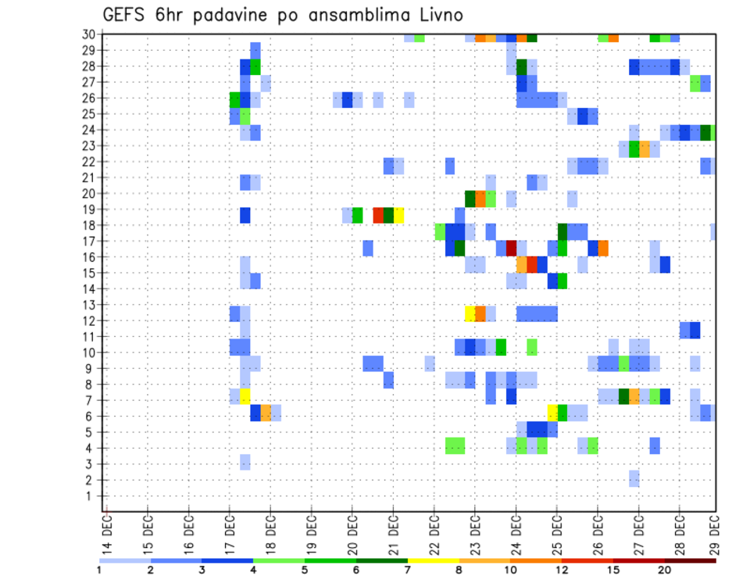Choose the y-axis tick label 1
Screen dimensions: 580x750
[92, 496]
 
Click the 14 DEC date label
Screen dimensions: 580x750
[106, 532]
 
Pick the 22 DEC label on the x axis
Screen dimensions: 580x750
[433, 532]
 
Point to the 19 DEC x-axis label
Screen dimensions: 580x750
[310, 532]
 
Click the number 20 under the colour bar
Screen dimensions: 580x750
[665, 571]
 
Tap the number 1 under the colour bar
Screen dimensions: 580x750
[99, 571]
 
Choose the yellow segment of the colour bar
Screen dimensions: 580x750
[433, 560]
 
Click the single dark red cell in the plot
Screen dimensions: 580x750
[511, 248]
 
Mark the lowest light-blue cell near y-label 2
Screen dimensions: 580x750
[634, 478]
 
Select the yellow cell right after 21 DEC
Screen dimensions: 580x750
[398, 215]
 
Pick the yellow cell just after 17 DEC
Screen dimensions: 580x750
[245, 396]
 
